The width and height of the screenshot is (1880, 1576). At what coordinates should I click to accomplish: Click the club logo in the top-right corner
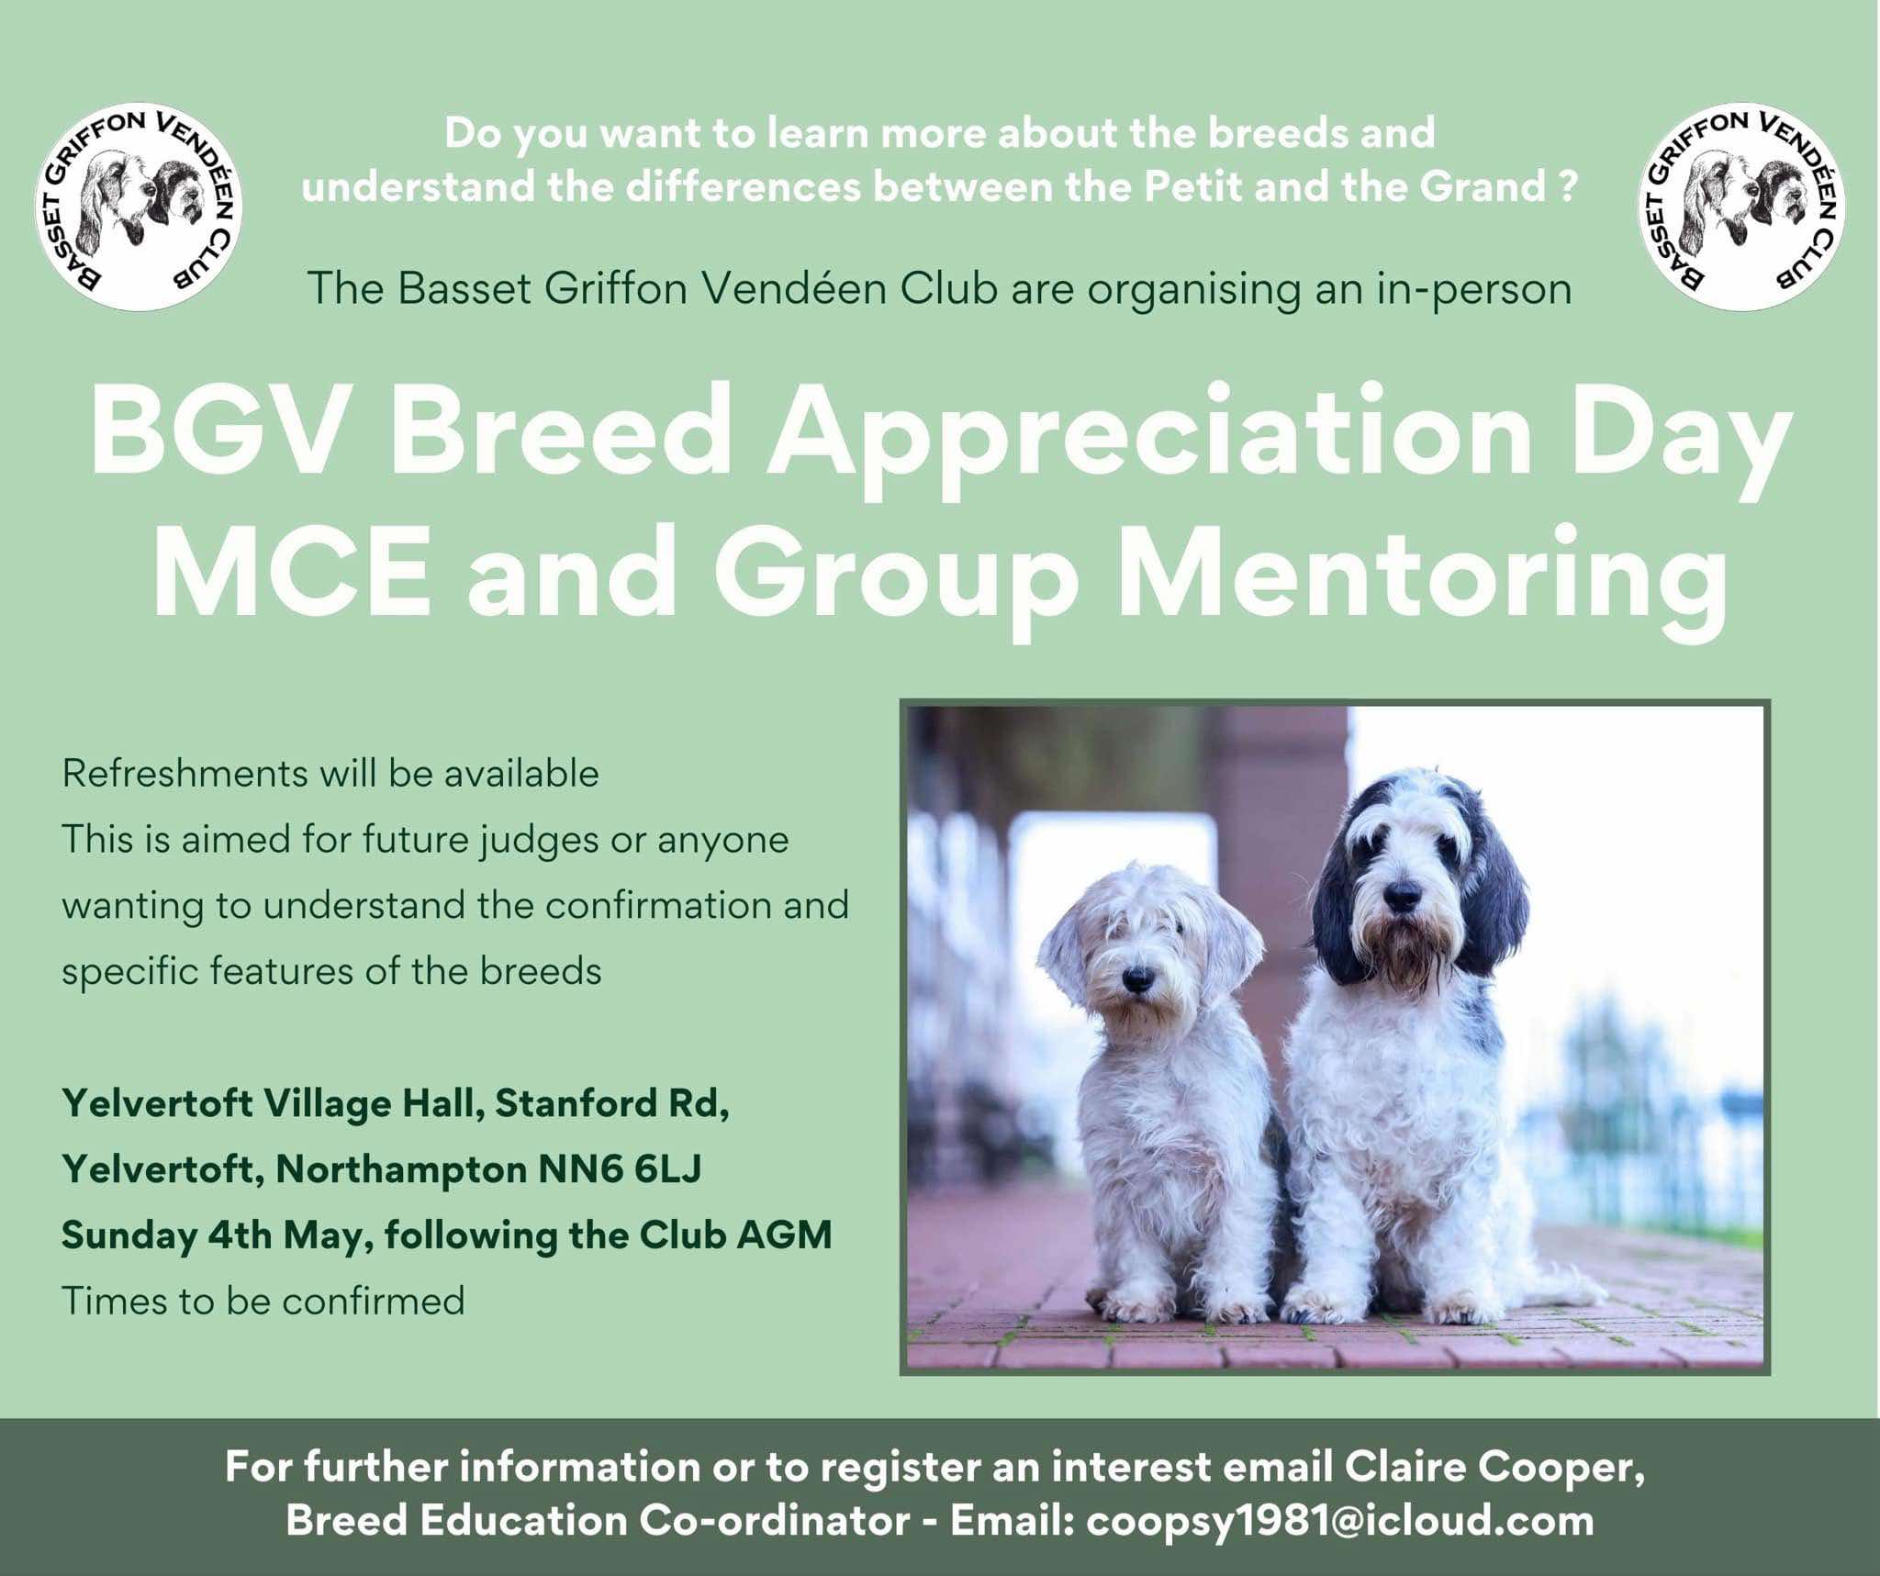pos(1741,207)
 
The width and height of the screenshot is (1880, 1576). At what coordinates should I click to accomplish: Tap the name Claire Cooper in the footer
pos(1494,1467)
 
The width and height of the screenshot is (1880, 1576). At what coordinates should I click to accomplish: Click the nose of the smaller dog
pos(1136,978)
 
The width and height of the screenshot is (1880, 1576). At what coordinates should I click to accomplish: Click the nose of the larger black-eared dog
pos(1402,895)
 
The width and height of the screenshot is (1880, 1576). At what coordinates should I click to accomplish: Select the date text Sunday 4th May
pos(217,1235)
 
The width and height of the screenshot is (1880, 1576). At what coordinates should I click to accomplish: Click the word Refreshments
pos(184,774)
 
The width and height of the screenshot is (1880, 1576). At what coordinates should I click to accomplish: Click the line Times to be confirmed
pos(263,1301)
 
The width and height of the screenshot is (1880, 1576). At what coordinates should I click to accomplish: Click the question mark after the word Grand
pos(1566,186)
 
